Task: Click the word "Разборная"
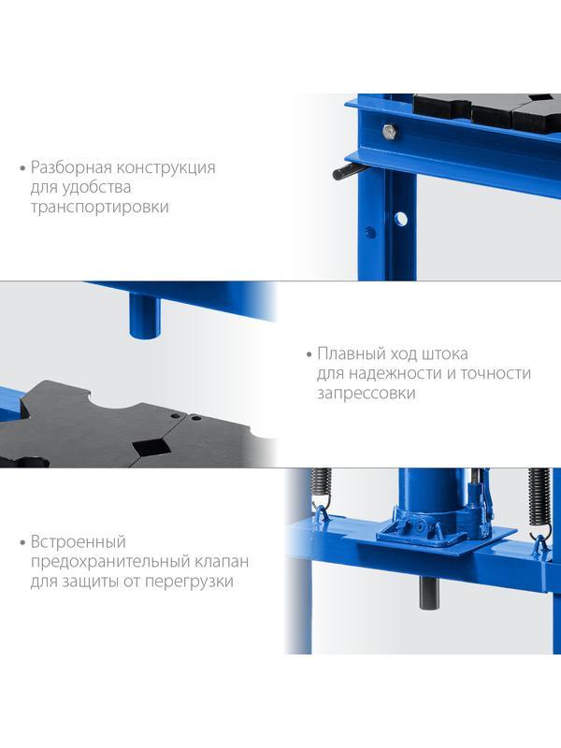pos(72,168)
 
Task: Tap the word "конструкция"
pos(166,168)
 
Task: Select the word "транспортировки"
pos(100,208)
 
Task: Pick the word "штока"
pos(446,354)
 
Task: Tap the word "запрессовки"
pos(366,394)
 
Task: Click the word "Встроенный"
pos(79,542)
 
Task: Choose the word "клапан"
pos(222,562)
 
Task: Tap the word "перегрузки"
pos(189,582)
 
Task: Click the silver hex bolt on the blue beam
pos(390,131)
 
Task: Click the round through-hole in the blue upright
pos(401,219)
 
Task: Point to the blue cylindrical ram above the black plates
pos(145,316)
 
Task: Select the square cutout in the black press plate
pos(151,447)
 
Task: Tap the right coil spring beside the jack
pos(539,497)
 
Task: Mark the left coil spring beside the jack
pos(321,484)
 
